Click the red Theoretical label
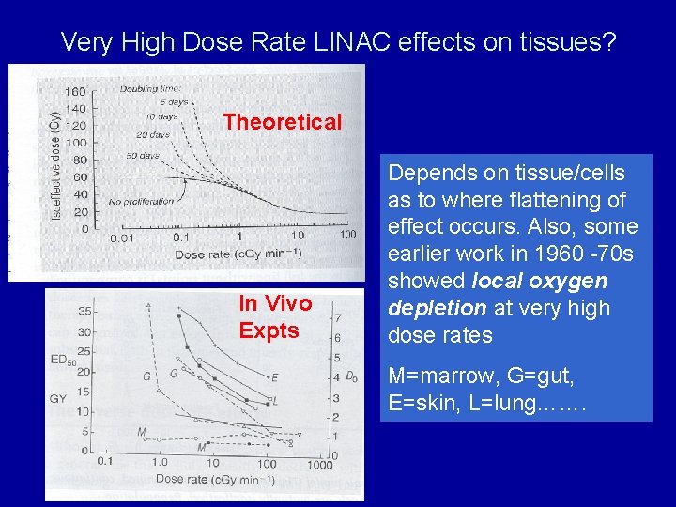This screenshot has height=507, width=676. (283, 122)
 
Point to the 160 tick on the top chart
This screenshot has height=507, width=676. (75, 91)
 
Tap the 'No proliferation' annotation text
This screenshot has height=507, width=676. (141, 202)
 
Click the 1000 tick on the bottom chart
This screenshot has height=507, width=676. (319, 464)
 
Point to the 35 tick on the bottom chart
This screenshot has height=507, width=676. (85, 311)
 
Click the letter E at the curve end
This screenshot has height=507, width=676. (274, 377)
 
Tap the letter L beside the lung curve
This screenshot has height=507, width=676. (274, 400)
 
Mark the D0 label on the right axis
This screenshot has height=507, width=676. (351, 377)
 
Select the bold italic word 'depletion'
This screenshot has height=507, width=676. (433, 308)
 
